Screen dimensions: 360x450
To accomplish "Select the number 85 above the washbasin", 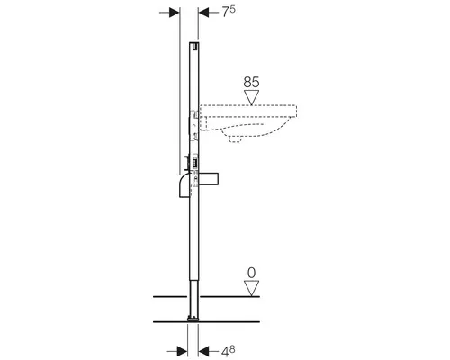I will pyautogui.click(x=251, y=81).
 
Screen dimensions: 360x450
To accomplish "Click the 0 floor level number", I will pyautogui.click(x=252, y=272).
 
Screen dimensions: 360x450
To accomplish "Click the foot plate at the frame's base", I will pyautogui.click(x=192, y=318).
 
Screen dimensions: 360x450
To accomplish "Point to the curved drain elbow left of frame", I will pyautogui.click(x=184, y=184).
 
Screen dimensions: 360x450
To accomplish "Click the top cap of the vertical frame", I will pyautogui.click(x=193, y=45).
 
